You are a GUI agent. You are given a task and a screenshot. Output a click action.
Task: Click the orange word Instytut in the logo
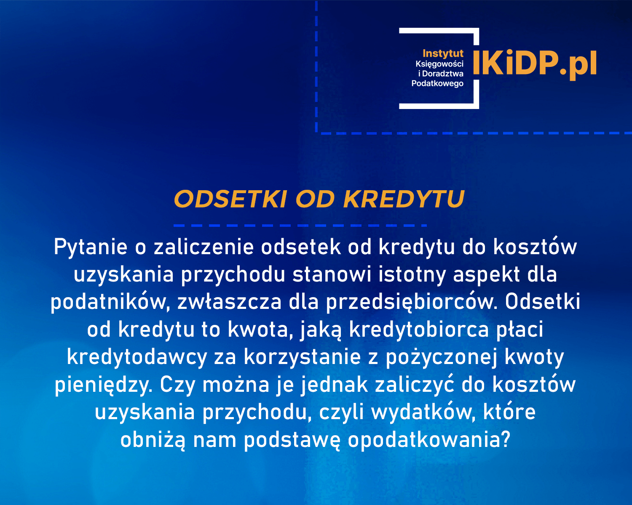443,53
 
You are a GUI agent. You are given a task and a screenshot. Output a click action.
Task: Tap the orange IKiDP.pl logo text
534,64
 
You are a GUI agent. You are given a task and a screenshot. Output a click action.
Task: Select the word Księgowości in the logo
439,64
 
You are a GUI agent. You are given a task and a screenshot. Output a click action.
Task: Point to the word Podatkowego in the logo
437,83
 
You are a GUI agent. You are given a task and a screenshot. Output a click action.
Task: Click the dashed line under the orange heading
300,226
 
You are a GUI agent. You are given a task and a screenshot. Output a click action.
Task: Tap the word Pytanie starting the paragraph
91,247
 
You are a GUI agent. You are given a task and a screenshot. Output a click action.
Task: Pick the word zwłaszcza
229,302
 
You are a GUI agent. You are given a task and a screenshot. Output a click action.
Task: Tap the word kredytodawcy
137,357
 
